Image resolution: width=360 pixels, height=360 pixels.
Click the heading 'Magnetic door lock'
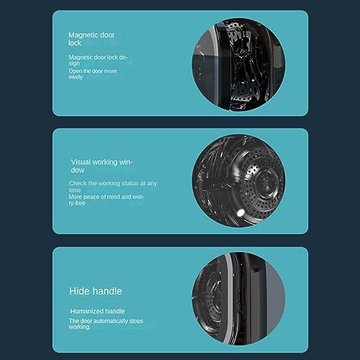pyautogui.click(x=91, y=38)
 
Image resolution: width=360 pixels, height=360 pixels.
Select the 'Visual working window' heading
pyautogui.click(x=102, y=166)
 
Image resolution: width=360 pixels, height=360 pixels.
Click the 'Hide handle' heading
pyautogui.click(x=95, y=292)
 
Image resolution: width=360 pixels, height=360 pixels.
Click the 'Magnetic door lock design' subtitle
pyautogui.click(x=98, y=59)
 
